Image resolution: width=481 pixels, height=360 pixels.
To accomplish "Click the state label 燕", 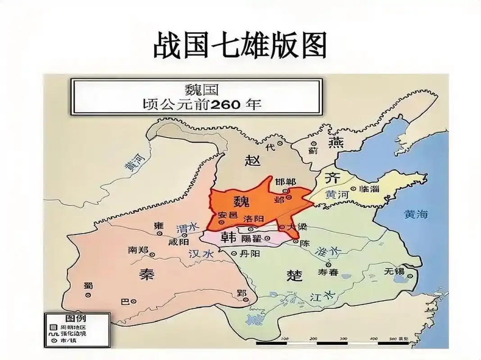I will [336, 144].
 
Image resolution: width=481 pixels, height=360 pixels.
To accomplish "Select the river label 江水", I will [323, 297].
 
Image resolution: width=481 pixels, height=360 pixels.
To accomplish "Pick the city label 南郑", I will [137, 249].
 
